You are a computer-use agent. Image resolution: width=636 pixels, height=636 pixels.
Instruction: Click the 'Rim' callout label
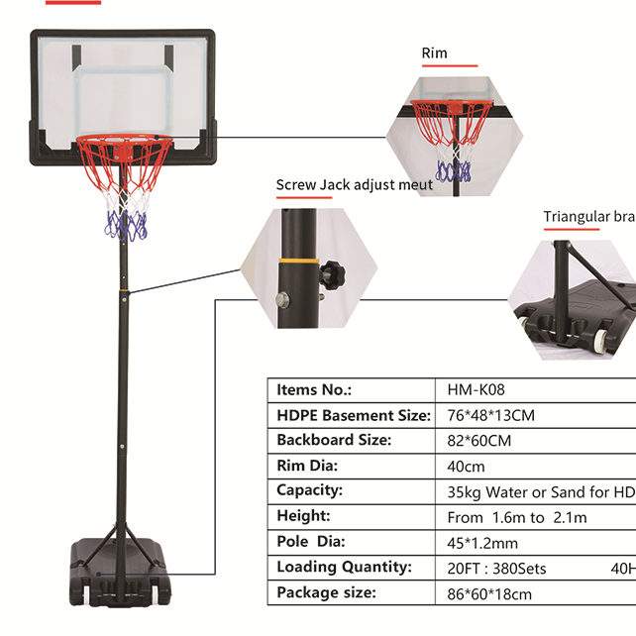tap(434, 53)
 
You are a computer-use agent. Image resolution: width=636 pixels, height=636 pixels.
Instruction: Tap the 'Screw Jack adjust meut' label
tap(354, 184)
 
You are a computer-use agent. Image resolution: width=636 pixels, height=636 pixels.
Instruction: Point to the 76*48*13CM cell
tap(491, 415)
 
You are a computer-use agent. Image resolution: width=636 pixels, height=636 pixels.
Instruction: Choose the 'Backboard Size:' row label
tap(334, 440)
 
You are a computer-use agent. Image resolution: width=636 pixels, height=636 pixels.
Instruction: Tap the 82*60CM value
tap(479, 441)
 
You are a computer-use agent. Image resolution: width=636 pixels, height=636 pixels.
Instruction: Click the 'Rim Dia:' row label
tap(307, 466)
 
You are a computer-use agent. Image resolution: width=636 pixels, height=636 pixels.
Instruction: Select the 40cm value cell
tap(466, 467)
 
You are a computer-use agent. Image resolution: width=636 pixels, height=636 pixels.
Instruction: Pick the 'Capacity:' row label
tap(309, 490)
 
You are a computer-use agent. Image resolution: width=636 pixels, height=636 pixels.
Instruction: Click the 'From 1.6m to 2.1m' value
tap(517, 517)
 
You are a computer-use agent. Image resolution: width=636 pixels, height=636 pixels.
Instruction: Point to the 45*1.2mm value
tap(482, 543)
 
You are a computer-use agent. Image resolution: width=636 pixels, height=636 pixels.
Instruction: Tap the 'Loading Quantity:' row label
tap(343, 568)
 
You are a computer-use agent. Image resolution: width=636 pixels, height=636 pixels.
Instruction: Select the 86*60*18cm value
tap(489, 594)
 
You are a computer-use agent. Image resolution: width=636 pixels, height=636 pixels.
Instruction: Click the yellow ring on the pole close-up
tap(291, 262)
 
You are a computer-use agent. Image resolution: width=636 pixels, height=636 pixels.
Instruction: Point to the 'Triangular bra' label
tap(588, 217)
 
